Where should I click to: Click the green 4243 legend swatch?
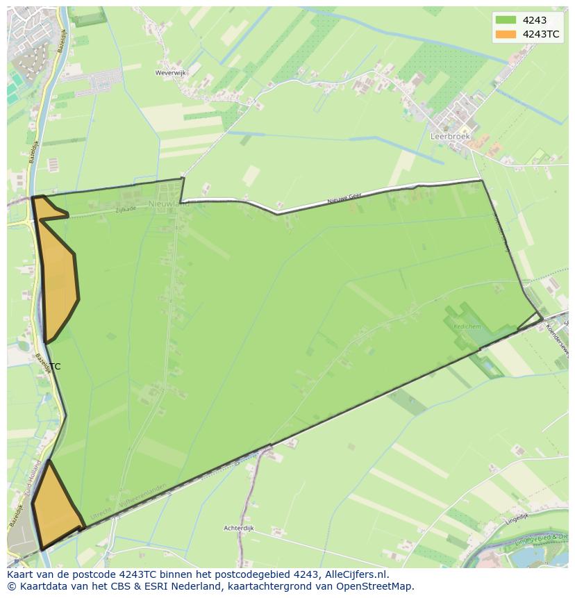pyautogui.click(x=506, y=20)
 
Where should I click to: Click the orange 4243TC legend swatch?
pyautogui.click(x=506, y=35)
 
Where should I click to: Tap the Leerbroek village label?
pyautogui.click(x=450, y=137)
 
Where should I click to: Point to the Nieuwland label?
pyautogui.click(x=169, y=204)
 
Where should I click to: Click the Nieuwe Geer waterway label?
pyautogui.click(x=344, y=199)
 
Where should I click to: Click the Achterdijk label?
pyautogui.click(x=239, y=529)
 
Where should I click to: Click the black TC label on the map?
pyautogui.click(x=55, y=367)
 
